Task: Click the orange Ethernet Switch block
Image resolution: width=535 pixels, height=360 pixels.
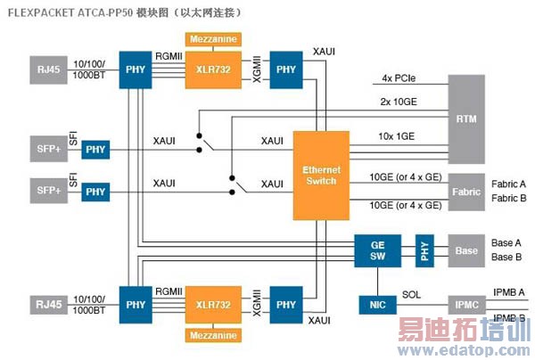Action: coord(321,176)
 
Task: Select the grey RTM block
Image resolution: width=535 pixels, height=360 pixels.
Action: coord(465,118)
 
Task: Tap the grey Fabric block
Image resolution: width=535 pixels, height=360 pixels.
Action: coord(466,192)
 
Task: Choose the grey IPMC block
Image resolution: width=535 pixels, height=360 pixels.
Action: coord(466,306)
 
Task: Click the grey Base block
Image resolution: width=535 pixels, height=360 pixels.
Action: coord(466,250)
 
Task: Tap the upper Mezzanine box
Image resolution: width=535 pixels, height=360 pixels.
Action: coord(212,39)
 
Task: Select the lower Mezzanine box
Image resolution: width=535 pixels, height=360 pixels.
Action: coord(212,335)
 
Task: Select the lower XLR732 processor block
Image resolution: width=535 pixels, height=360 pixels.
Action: coord(211,305)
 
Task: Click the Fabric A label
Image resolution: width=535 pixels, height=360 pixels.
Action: coord(507,184)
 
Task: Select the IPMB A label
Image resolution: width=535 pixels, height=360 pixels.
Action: coord(508,292)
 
